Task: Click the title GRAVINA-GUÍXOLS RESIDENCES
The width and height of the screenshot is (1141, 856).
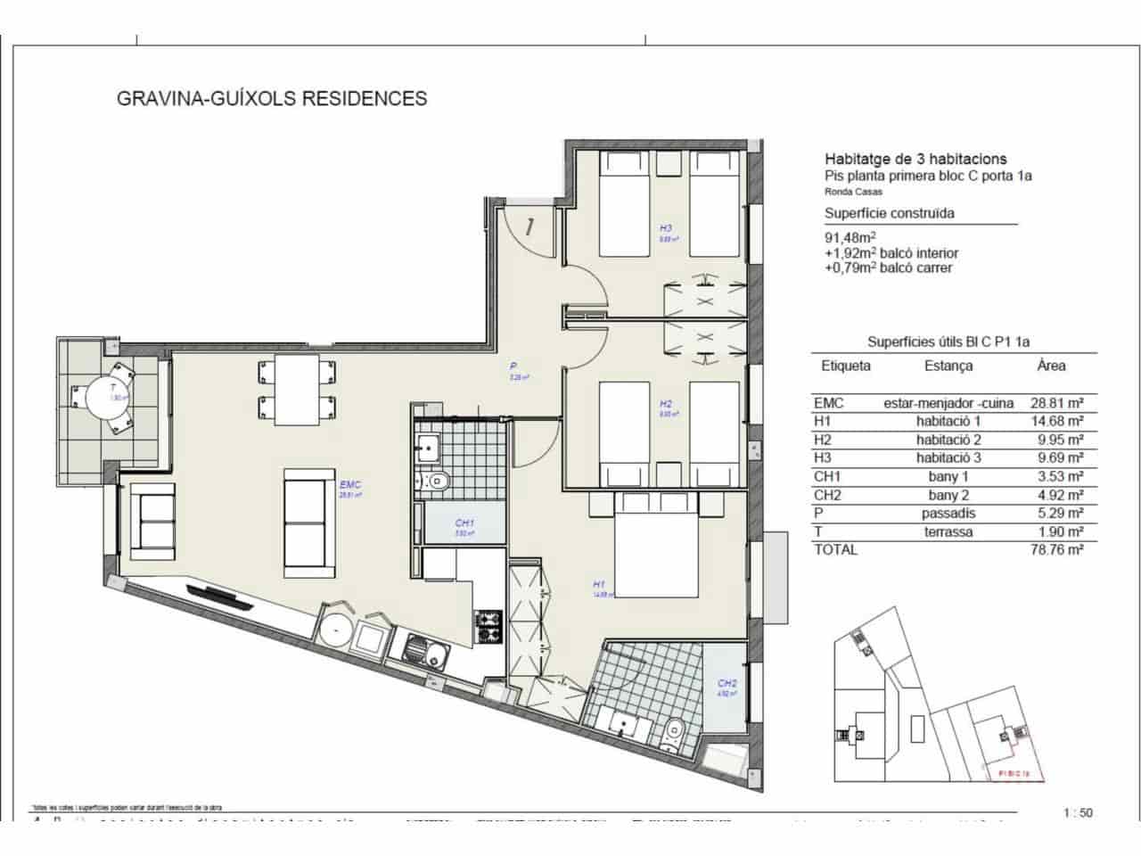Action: (x=272, y=98)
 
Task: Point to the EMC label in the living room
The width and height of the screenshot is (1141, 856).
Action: (x=349, y=485)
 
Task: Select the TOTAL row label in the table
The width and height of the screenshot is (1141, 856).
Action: (x=835, y=550)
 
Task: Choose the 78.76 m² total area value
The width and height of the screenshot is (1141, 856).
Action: (x=1056, y=550)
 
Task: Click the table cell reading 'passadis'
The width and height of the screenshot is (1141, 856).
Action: (x=948, y=514)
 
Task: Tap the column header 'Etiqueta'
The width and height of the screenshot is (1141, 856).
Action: (x=846, y=366)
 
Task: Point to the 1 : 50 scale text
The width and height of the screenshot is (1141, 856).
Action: (x=1078, y=812)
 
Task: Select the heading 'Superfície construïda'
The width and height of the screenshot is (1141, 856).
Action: (x=890, y=213)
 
